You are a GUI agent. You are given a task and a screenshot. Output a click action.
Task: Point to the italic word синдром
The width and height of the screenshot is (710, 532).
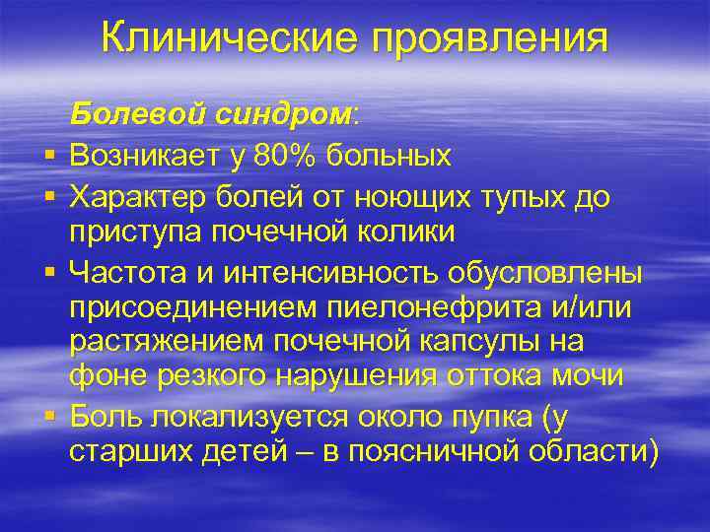(x=285, y=115)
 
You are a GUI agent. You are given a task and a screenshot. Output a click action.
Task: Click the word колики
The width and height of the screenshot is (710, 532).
(x=401, y=233)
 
